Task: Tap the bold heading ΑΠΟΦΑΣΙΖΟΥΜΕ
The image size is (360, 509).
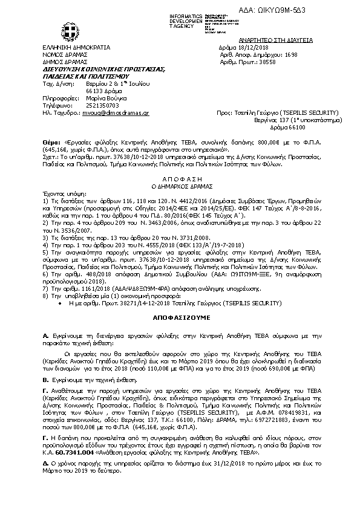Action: tap(179, 316)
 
